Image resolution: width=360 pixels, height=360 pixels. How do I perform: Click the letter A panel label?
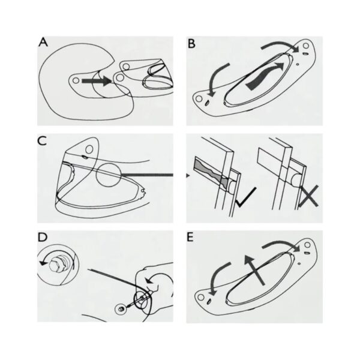point(43,43)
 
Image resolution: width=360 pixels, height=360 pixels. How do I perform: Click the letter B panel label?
point(191,44)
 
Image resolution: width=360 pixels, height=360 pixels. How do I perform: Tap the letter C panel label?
point(42,141)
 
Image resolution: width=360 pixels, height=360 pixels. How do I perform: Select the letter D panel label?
point(43,238)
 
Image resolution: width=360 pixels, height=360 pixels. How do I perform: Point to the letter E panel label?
point(190,238)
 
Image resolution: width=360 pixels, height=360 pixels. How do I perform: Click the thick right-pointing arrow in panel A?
point(97,81)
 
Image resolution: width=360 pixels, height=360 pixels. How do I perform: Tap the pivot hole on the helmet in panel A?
point(76,80)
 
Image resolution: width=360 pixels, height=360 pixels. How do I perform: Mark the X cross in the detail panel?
point(308,196)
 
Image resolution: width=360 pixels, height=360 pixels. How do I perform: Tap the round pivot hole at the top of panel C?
point(89,149)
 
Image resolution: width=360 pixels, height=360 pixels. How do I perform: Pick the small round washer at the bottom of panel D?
point(121,309)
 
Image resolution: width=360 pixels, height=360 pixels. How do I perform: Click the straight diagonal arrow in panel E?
point(254,270)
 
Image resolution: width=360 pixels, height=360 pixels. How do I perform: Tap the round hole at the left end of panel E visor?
point(200,298)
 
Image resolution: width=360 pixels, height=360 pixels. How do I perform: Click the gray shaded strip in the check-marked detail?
point(211,171)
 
